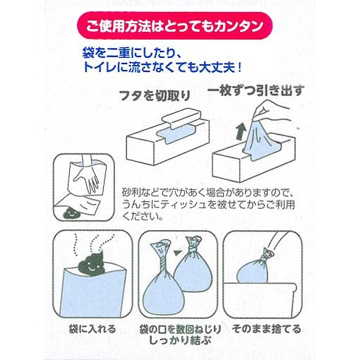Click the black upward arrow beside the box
tap(239, 131)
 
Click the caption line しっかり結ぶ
tap(174, 342)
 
